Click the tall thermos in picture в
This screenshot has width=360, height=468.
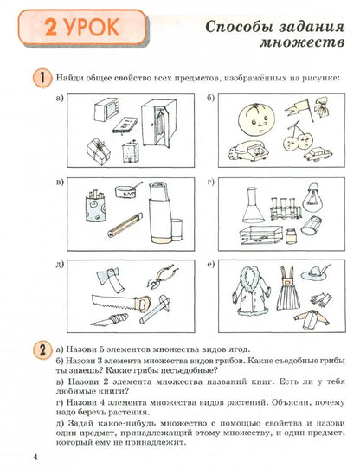point(162,209)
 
